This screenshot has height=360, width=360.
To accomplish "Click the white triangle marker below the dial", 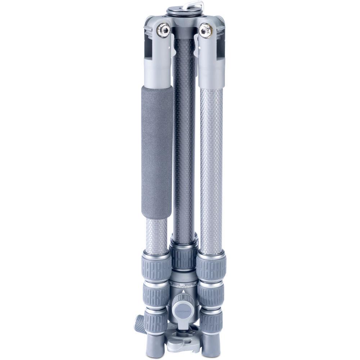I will pos(184,291).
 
